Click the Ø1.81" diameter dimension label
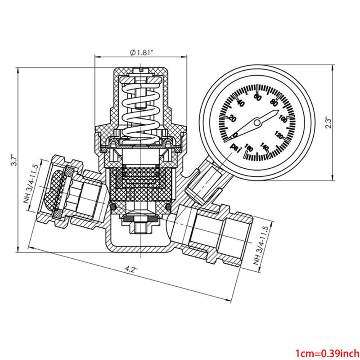[142, 52]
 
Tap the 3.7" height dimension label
[13, 161]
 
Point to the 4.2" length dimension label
[131, 270]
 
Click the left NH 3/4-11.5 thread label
[28, 189]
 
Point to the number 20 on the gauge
[233, 118]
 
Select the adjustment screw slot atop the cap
[142, 70]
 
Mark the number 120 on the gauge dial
[279, 135]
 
